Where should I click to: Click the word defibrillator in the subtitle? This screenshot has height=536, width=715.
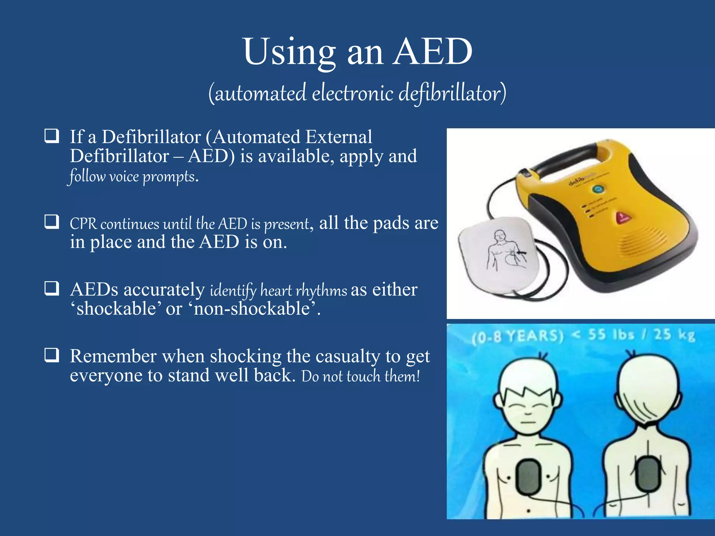(x=452, y=94)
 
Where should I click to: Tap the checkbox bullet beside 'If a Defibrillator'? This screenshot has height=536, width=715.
(x=52, y=136)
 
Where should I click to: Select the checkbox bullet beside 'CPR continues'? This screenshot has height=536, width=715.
(x=52, y=222)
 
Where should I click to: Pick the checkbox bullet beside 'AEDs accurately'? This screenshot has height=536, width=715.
(x=52, y=288)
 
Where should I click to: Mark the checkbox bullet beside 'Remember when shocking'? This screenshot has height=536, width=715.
(x=52, y=355)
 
